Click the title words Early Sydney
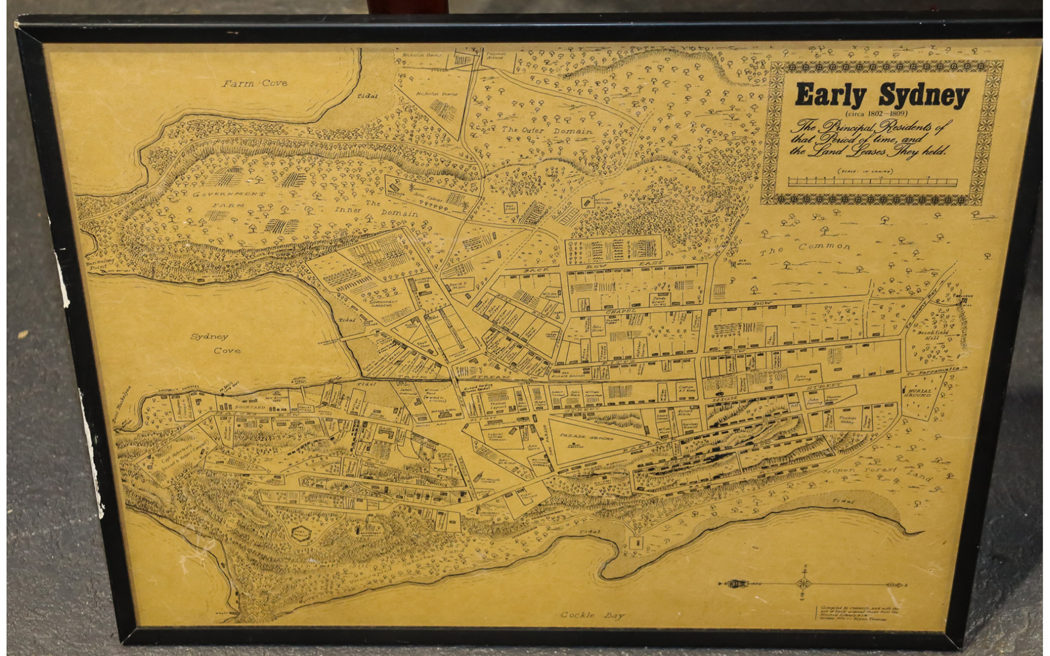(881, 95)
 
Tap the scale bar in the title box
(872, 182)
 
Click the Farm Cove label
(254, 83)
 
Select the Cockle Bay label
(593, 615)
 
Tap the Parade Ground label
(585, 436)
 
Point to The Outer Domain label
(547, 130)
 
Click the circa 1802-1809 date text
(876, 113)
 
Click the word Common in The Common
(824, 246)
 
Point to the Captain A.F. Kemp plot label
(687, 389)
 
